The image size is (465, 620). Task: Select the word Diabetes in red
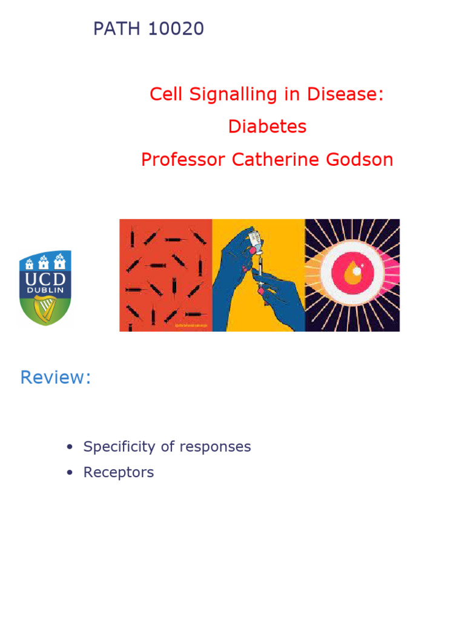267,127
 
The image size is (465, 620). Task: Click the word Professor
182,159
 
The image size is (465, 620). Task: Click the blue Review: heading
56,377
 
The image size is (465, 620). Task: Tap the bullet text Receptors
119,472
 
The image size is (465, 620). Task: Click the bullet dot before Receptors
70,473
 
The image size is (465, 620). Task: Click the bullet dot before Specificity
70,447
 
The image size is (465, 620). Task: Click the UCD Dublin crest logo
45,288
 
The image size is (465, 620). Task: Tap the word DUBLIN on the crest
45,291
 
